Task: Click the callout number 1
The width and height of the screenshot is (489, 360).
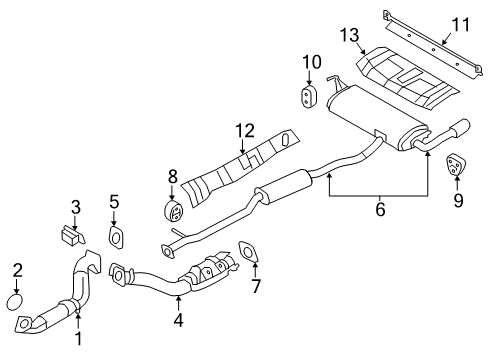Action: tap(78, 340)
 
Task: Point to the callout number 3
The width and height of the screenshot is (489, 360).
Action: tap(75, 207)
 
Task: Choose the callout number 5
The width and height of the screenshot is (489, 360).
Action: tap(114, 201)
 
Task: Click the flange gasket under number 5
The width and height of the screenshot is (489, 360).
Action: tap(116, 236)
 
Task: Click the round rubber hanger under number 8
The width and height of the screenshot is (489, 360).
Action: tap(173, 212)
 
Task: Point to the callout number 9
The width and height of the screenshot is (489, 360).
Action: tap(458, 199)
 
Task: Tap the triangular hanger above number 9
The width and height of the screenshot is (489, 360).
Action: tap(457, 164)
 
